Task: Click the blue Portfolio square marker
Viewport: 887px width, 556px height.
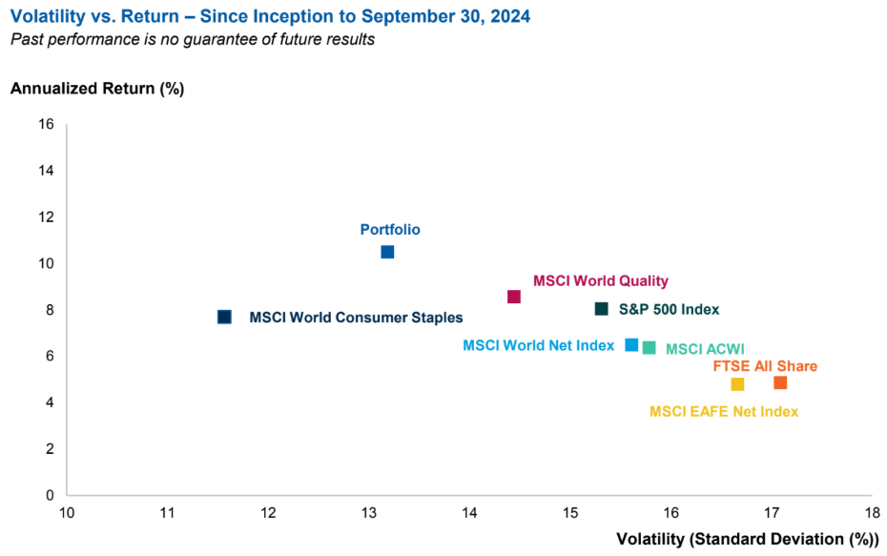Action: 387,252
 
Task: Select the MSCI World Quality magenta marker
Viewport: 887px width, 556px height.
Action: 514,297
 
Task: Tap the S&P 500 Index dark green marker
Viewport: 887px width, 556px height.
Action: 601,309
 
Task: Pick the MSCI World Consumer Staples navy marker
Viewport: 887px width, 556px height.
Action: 224,317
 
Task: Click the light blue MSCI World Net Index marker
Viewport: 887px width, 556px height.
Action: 631,344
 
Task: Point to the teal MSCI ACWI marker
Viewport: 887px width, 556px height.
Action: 649,347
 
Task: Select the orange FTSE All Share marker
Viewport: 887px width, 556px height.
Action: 780,382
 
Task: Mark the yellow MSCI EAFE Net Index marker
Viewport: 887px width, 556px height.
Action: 737,384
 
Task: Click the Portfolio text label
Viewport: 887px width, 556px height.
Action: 390,230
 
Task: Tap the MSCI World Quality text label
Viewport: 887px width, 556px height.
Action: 601,281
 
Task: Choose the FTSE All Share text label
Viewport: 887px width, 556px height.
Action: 765,366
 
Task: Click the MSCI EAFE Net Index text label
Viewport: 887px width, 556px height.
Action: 724,412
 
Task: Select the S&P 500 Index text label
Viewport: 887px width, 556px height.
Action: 669,309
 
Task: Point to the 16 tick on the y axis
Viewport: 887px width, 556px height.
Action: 47,124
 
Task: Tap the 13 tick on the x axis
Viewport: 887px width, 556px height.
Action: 369,513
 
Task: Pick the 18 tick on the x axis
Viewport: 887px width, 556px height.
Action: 871,513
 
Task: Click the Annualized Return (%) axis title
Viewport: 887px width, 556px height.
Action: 96,89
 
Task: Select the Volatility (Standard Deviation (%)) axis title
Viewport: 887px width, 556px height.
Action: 747,540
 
